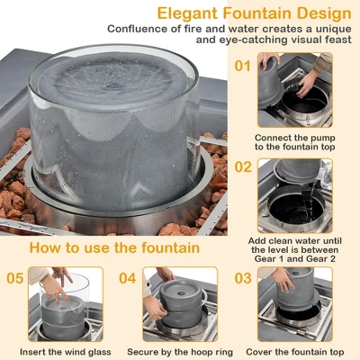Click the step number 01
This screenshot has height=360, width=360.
[x=242, y=66]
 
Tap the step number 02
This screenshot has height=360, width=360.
[x=243, y=166]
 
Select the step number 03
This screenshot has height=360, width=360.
[x=243, y=278]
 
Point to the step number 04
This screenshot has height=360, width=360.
[x=128, y=278]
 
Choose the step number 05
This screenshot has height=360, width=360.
[x=14, y=278]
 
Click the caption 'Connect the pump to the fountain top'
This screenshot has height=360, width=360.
[x=295, y=142]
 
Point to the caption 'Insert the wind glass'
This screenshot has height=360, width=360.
[x=66, y=352]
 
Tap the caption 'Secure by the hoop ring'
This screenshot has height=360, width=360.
[x=180, y=352]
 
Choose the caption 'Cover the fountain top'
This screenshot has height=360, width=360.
[x=295, y=352]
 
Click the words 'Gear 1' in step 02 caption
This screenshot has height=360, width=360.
[x=268, y=258]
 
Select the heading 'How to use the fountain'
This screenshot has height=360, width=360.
[x=114, y=247]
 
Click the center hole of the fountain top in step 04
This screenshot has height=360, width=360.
[x=181, y=293]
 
